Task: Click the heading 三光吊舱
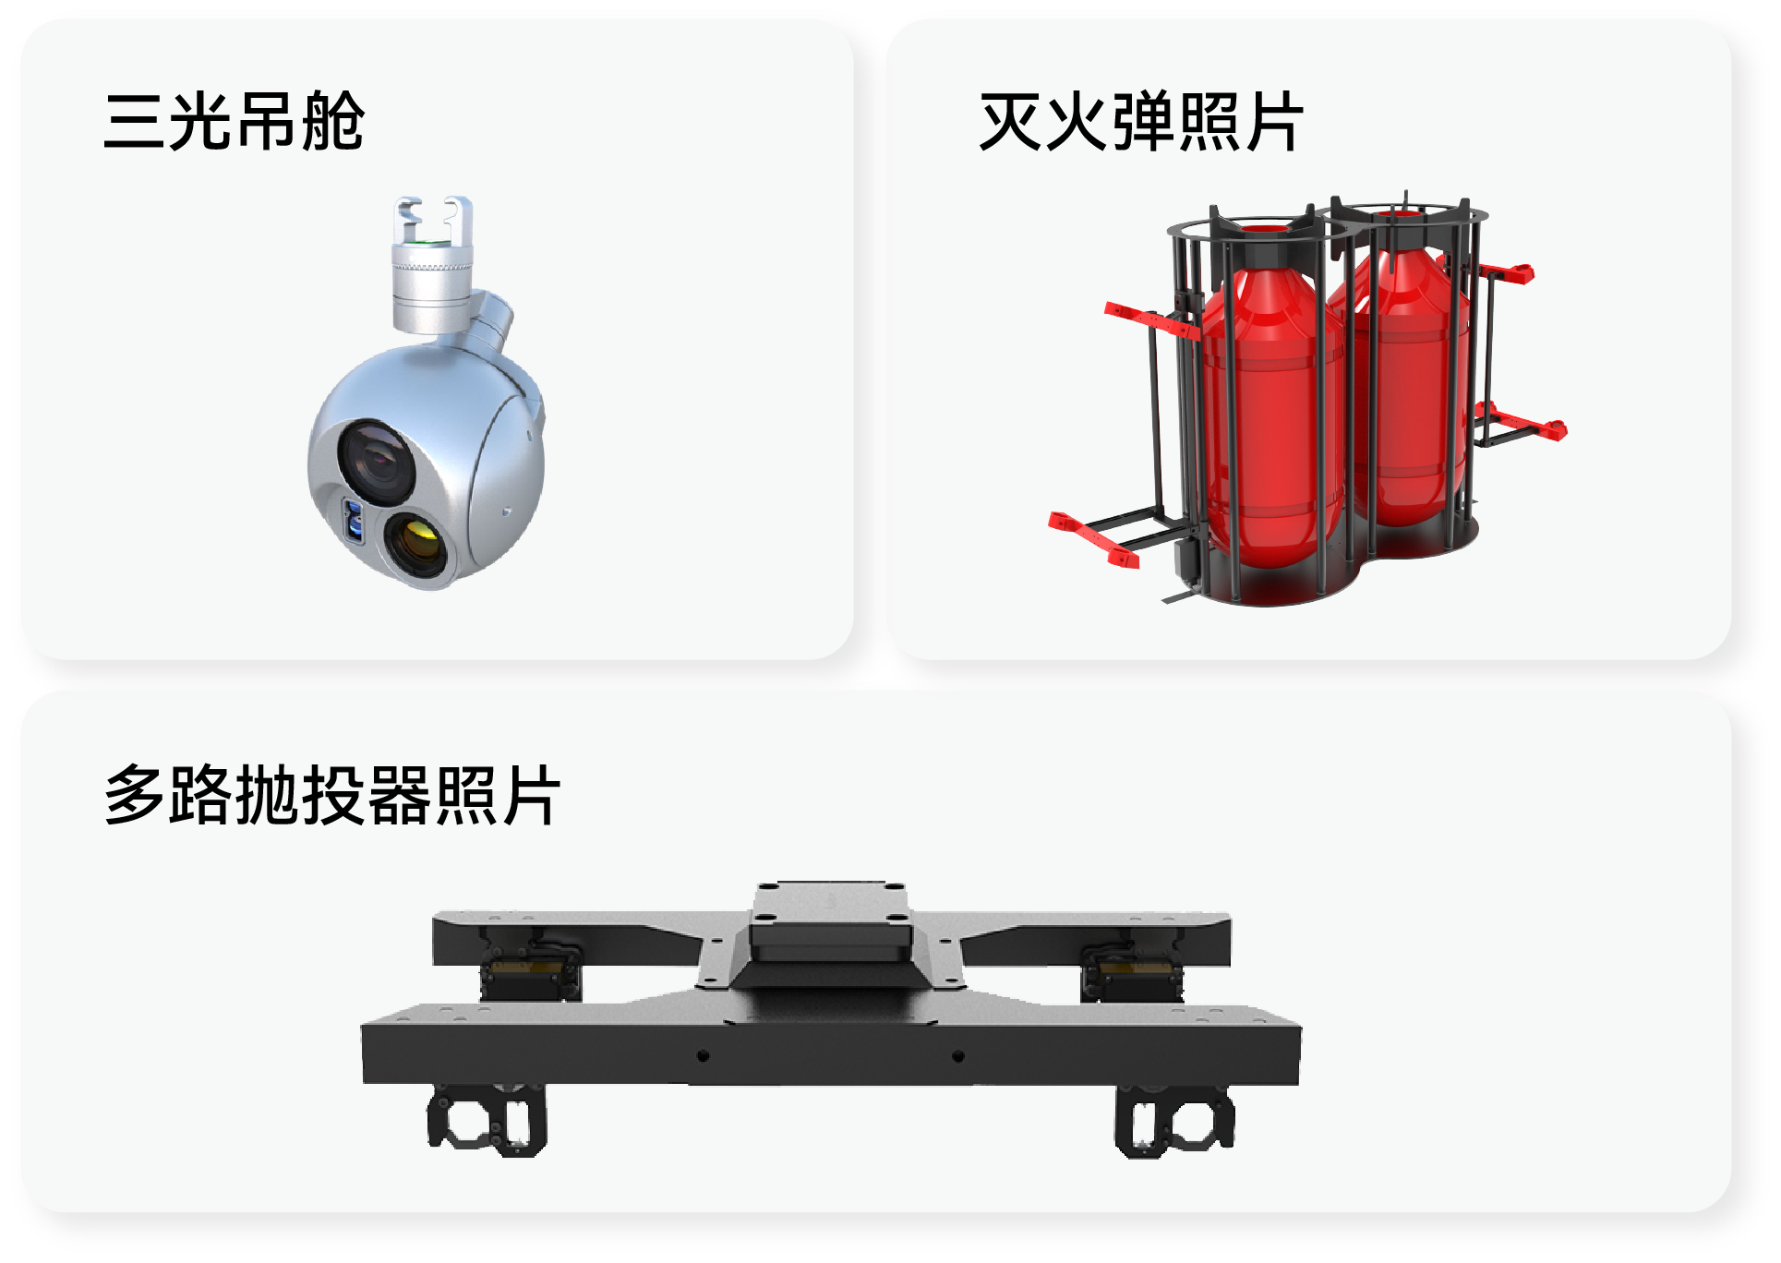[x=234, y=121]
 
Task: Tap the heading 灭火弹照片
[x=1140, y=121]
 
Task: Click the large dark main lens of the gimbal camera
[x=377, y=458]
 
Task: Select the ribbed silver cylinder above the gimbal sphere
[x=433, y=286]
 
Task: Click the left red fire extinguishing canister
[x=1271, y=415]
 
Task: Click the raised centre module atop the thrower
[x=830, y=923]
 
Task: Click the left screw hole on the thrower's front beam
[x=704, y=1055]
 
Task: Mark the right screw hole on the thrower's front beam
[x=958, y=1055]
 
